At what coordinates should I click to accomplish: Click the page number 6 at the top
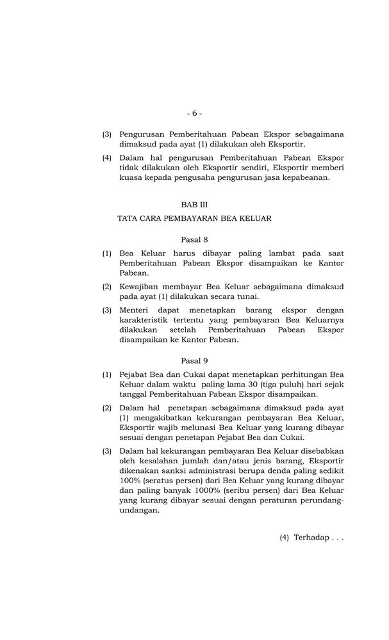[x=195, y=113]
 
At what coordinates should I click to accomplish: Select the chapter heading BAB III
[x=194, y=205]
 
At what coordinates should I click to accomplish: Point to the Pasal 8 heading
[x=194, y=240]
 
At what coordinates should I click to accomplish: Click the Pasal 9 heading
[x=194, y=360]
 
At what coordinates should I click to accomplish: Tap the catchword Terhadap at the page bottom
[x=311, y=538]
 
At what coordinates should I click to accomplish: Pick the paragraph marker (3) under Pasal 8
[x=107, y=311]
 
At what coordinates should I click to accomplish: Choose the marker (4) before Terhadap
[x=285, y=538]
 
